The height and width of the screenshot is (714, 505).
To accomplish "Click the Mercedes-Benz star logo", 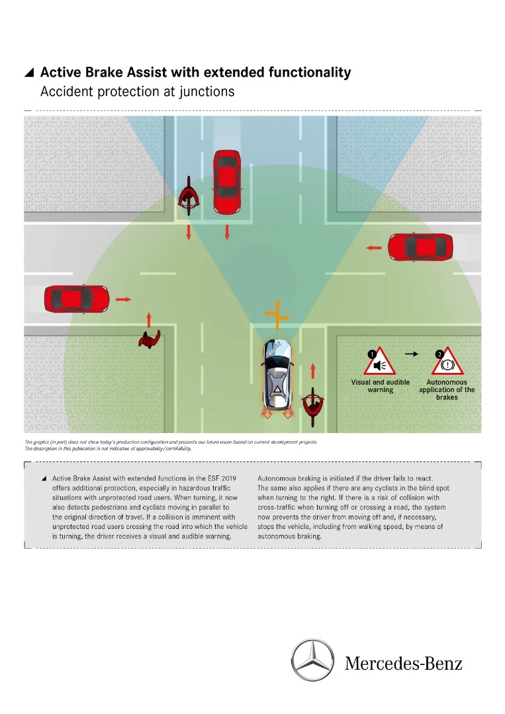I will click(313, 660).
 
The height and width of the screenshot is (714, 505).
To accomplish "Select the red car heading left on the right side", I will click(420, 247).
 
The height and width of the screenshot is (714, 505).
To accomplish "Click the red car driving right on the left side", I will click(76, 299).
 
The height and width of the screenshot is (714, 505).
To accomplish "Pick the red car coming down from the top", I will click(226, 182).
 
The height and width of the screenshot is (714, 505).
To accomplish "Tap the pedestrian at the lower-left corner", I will click(149, 339).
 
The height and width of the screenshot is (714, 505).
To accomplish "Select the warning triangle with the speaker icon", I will click(380, 361).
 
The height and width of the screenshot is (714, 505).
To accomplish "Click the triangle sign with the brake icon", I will click(447, 362).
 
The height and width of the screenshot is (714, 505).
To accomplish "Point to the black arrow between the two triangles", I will click(412, 354).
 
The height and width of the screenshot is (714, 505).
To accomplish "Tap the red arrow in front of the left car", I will click(124, 299).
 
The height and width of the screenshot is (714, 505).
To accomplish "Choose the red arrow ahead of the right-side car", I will click(374, 248).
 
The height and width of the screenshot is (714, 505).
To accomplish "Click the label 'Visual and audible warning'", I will click(380, 386).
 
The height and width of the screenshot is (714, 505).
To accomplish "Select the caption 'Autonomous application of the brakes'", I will click(447, 389).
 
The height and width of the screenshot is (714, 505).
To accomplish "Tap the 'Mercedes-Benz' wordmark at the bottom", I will click(403, 663).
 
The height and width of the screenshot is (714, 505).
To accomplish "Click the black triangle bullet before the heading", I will click(29, 73).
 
